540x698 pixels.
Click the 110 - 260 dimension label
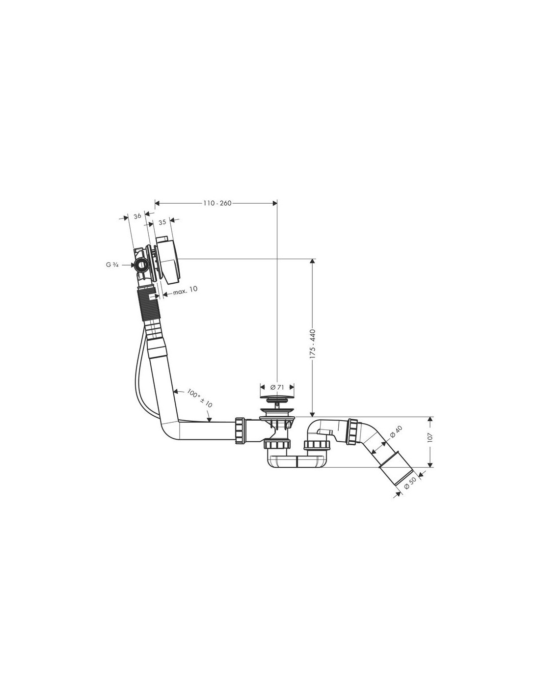click(x=217, y=203)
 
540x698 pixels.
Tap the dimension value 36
click(x=137, y=216)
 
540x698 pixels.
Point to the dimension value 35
click(x=162, y=222)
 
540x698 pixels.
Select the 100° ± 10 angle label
click(x=199, y=399)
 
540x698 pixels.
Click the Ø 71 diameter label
click(x=277, y=387)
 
